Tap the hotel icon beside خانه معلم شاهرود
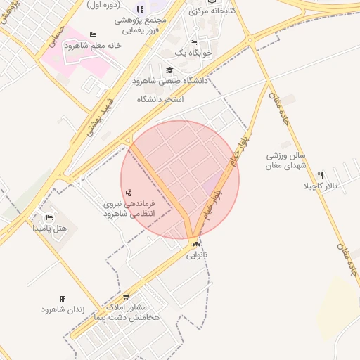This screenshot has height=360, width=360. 94,34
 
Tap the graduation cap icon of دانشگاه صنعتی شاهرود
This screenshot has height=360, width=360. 169,70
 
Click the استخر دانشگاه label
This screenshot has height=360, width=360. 160,99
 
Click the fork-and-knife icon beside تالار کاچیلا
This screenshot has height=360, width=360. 321,175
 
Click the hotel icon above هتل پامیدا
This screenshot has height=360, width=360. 49,217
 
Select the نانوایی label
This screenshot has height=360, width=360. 197,255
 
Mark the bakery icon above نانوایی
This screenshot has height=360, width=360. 197,244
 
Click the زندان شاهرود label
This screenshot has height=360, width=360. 63,309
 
